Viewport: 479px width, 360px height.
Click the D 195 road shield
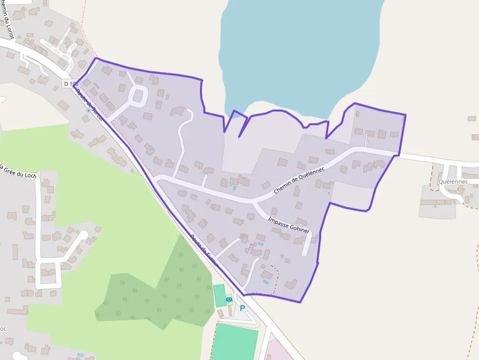point(71,84)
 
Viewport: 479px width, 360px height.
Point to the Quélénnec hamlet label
point(453,182)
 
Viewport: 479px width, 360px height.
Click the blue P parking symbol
point(242,309)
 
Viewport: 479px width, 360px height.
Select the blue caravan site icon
point(229,299)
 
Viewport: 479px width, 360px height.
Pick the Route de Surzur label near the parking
point(203,249)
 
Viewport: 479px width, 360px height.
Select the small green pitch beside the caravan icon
point(219,295)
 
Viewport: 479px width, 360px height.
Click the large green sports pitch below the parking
point(235,342)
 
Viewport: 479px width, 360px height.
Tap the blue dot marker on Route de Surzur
point(88,110)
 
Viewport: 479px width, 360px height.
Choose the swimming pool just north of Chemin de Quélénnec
point(234,188)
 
